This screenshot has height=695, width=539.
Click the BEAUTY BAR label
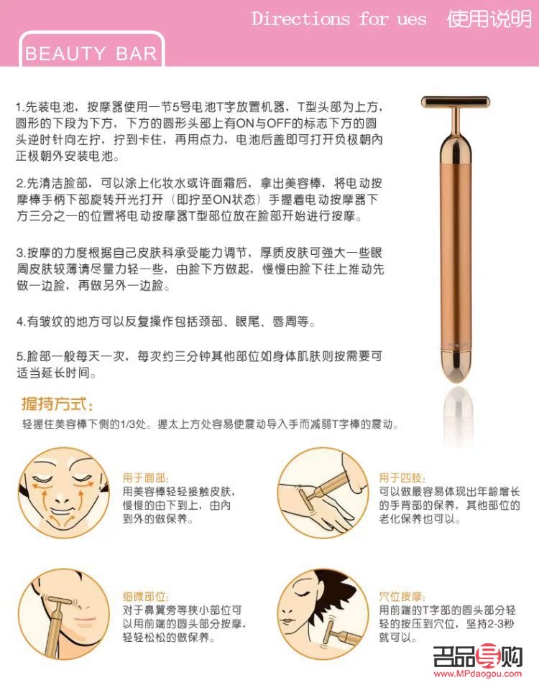(91, 54)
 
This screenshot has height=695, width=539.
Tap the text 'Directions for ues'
(338, 19)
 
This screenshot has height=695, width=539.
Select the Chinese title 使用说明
(489, 19)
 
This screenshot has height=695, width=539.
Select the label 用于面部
(146, 477)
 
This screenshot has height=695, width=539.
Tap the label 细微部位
(146, 597)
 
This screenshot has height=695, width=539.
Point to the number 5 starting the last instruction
(20, 356)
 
